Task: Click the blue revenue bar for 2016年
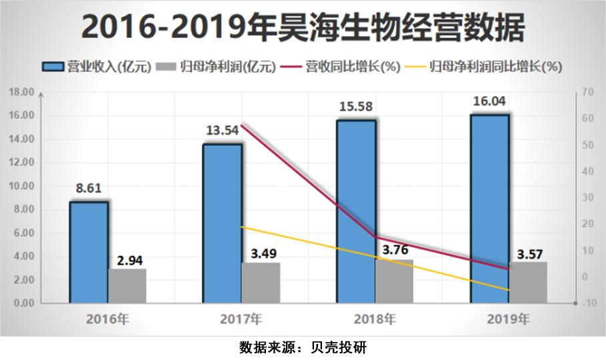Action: [x=89, y=253]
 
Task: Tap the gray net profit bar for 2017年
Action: [x=261, y=283]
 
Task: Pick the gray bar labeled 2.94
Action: [x=127, y=286]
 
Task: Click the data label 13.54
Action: [x=223, y=130]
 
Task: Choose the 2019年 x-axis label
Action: [x=508, y=319]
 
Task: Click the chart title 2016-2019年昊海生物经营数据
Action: [x=303, y=28]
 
